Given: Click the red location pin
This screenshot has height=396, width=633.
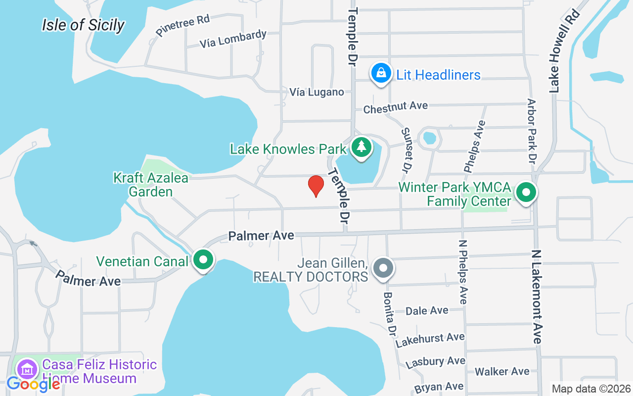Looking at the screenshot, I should coord(316,186).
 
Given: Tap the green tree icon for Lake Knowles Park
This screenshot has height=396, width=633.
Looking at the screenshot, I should coord(362,147).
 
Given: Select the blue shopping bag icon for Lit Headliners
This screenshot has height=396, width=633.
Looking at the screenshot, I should coord(381,73).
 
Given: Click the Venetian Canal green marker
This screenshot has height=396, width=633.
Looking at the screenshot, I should coord(203,259).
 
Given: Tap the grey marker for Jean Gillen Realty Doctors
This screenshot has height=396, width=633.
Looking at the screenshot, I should coord(383,268).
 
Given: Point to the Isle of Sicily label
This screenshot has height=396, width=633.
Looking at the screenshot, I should coord(83,25).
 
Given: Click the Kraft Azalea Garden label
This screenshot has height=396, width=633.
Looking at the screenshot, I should coord(151,185).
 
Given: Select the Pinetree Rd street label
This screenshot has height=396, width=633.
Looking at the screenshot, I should coord(182,25).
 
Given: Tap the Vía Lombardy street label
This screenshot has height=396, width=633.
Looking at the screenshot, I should coord(233,39).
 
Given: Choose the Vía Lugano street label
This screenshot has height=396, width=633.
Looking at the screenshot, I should coord(316,92).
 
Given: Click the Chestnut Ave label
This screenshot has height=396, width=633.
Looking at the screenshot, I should coord(395,107).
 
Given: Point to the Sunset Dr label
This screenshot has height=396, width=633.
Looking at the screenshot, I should coord(406,150).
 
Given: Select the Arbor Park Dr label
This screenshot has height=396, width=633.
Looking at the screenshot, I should coord(532,131).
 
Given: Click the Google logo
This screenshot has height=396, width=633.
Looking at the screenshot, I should coord(33,384).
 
